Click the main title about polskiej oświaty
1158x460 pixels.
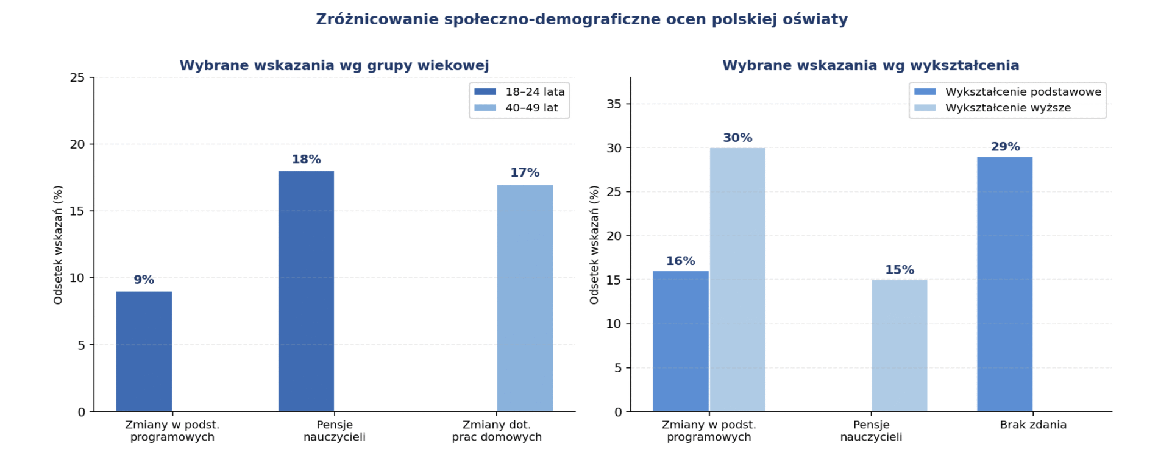click(x=581, y=19)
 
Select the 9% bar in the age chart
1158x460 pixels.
click(x=144, y=352)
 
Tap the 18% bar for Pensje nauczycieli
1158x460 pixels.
click(x=306, y=291)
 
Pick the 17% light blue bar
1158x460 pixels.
click(x=525, y=298)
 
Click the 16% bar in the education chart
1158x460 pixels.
click(x=680, y=341)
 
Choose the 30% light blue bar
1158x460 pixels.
click(x=737, y=280)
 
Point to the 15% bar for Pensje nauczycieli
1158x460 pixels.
click(x=899, y=345)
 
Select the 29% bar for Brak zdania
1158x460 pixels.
click(x=1004, y=284)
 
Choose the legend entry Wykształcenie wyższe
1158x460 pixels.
click(x=1007, y=108)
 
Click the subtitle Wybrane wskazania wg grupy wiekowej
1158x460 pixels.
click(x=334, y=66)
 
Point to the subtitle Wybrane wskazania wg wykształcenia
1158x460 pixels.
click(x=870, y=66)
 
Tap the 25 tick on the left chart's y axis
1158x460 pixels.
click(x=77, y=78)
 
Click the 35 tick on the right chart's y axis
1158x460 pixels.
click(x=614, y=104)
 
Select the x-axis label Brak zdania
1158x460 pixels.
click(x=1033, y=425)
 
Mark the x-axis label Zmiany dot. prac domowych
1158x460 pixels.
click(x=497, y=431)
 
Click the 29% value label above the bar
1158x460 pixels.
click(x=1005, y=147)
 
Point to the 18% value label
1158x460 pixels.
click(x=306, y=160)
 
